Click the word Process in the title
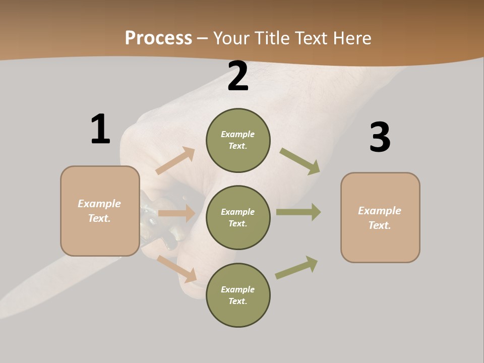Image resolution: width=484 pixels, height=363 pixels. (158, 38)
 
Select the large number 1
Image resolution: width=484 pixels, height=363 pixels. (100, 129)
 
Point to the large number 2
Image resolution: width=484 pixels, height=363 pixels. (238, 77)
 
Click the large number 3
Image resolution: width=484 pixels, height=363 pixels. (380, 138)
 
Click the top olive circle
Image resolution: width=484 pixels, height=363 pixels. (238, 140)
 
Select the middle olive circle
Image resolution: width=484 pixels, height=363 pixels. (238, 217)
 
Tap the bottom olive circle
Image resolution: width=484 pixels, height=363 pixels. (238, 295)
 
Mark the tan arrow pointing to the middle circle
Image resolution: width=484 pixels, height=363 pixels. (176, 213)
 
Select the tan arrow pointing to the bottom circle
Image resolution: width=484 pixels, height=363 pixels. (176, 269)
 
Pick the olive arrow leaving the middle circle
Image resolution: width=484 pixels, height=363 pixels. (298, 212)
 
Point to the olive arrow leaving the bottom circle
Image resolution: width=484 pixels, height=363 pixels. (296, 268)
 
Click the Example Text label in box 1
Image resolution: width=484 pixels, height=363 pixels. (99, 211)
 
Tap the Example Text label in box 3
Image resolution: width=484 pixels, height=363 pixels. (380, 218)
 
